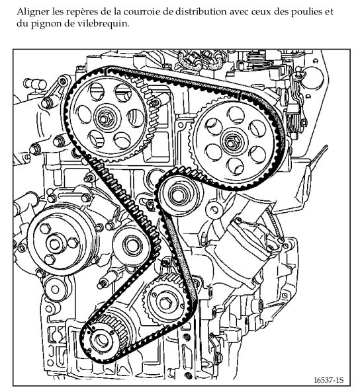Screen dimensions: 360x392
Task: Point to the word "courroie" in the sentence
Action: (142, 12)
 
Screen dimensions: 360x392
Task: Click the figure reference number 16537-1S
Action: (329, 380)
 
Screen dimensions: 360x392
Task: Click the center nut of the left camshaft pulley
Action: (103, 118)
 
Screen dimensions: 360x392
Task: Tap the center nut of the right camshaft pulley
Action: (230, 143)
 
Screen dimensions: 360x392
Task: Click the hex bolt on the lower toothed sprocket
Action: (165, 303)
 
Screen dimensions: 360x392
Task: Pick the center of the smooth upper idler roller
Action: (179, 195)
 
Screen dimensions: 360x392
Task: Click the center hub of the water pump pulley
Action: (54, 244)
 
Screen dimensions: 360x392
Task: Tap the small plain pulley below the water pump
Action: (55, 290)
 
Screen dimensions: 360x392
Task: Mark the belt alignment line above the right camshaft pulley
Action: (240, 95)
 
